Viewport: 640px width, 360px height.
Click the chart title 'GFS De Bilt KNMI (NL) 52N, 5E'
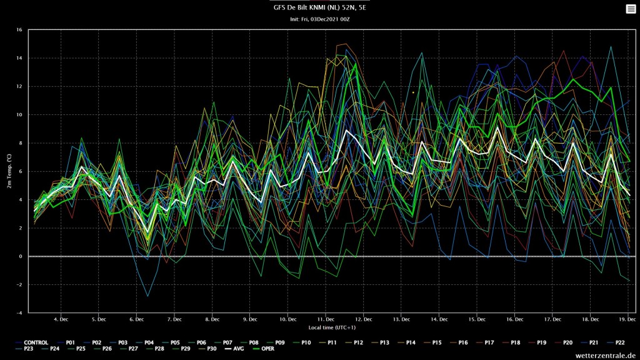[319, 7]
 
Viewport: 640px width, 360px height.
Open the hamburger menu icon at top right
[631, 9]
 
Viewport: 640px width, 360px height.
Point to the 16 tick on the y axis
[19, 30]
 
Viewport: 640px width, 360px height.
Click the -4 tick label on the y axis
[19, 313]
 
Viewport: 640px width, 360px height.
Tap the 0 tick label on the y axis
[21, 256]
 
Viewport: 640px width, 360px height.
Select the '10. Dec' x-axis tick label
[287, 319]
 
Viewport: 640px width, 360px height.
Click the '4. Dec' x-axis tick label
[61, 319]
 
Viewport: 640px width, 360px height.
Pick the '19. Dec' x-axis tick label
[627, 319]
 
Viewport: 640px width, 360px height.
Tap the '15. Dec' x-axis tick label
[477, 319]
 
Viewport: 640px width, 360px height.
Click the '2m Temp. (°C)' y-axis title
[9, 171]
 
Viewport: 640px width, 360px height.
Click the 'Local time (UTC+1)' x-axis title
[332, 327]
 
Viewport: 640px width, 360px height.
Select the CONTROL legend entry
[32, 342]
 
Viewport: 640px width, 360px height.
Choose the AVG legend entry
[234, 349]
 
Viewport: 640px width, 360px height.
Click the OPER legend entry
[264, 349]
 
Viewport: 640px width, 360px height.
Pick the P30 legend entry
[207, 349]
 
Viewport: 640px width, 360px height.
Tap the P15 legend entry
[432, 342]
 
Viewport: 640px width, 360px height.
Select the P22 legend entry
[616, 342]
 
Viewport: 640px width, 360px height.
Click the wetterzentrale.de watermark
[606, 356]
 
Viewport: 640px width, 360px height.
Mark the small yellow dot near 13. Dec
[413, 92]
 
